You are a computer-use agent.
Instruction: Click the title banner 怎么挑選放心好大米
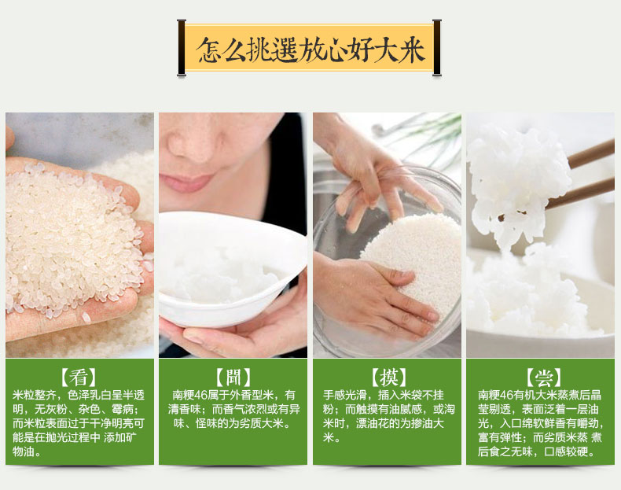tap(309, 47)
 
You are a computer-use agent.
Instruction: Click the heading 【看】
tap(79, 378)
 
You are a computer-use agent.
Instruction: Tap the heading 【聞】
tap(233, 378)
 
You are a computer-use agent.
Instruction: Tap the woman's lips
tap(186, 182)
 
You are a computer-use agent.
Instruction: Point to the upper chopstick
tap(590, 153)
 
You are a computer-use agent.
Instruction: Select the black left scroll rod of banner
tap(182, 47)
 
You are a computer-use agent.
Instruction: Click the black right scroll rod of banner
tap(437, 47)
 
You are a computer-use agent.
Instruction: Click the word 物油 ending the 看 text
tap(24, 451)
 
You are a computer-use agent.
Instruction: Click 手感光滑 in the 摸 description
tap(344, 395)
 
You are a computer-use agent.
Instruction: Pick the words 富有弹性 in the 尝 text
tap(500, 438)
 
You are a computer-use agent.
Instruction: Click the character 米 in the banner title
tap(412, 50)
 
